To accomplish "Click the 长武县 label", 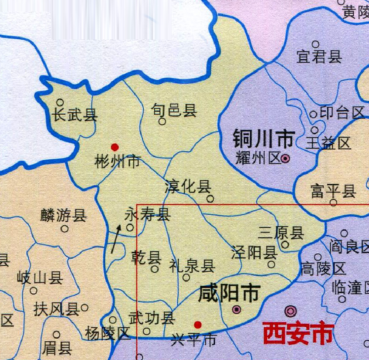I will pos(75,115).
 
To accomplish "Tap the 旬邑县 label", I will pos(174,110).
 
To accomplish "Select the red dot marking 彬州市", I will pos(114,147).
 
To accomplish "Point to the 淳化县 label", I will pos(187,187).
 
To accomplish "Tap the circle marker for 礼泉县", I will pos(186,277).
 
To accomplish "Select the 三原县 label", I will pos(281,233).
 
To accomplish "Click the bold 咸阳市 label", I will pos(229,294).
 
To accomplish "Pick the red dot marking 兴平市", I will pos(198,324).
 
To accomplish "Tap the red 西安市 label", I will pos(298,334).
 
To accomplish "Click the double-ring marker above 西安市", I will pos(290,311).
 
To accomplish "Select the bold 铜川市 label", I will pos(263,139).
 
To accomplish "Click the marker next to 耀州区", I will pos(286,159).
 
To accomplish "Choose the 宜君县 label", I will pos(319,57).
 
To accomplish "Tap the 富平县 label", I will pos(333,191).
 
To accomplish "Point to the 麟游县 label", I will pos(63,215).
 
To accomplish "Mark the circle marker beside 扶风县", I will pos(85,308).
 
